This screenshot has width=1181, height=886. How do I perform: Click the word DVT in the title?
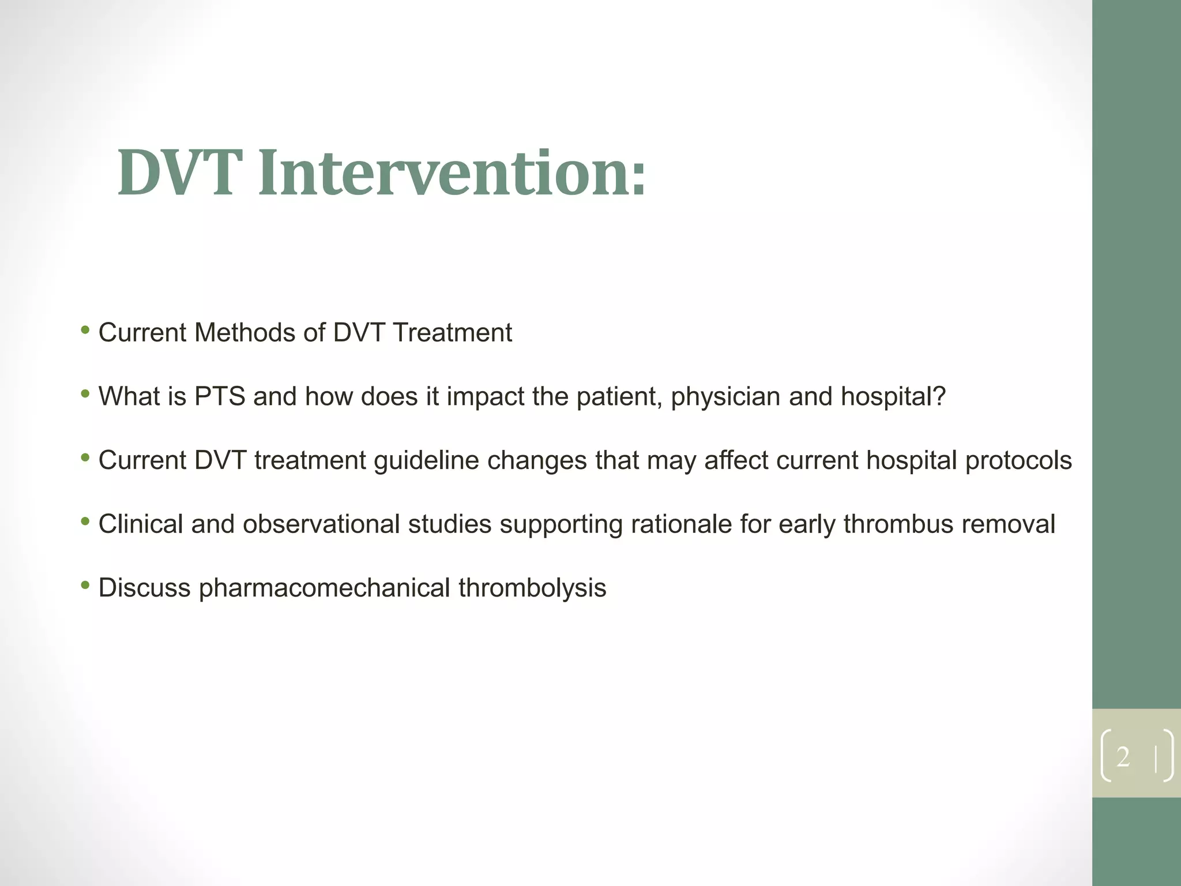pyautogui.click(x=179, y=173)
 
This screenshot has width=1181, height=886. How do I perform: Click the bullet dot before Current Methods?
pyautogui.click(x=85, y=331)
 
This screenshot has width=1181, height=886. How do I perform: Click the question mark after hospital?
pyautogui.click(x=939, y=397)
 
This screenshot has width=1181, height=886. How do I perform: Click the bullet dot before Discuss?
pyautogui.click(x=85, y=585)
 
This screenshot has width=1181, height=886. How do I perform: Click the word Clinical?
pyautogui.click(x=140, y=524)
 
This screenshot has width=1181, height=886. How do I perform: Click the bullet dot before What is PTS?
pyautogui.click(x=85, y=395)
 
